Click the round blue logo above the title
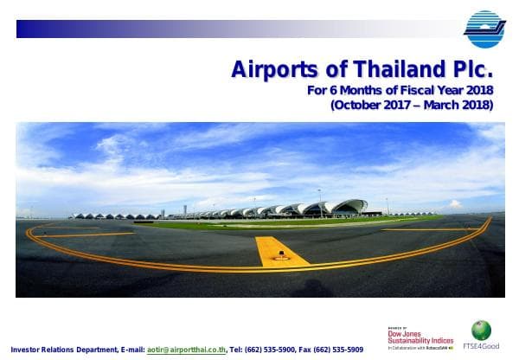coord(484,29)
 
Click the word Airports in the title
coord(267,70)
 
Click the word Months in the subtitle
coord(356,91)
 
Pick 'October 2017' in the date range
coord(372,106)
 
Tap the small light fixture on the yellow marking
coord(281,255)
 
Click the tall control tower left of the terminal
coord(184,210)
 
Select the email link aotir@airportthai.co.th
coord(186,349)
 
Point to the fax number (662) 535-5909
coord(336,349)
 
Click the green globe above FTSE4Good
coord(481,330)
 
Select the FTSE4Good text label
coord(482,347)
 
